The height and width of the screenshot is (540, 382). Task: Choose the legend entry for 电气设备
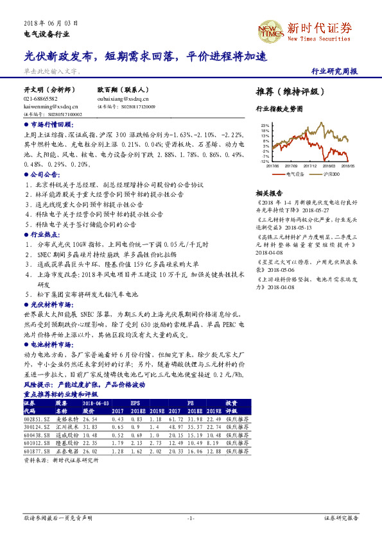click(290, 173)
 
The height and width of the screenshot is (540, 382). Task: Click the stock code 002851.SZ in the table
click(36, 418)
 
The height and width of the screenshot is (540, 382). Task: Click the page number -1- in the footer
click(191, 517)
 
